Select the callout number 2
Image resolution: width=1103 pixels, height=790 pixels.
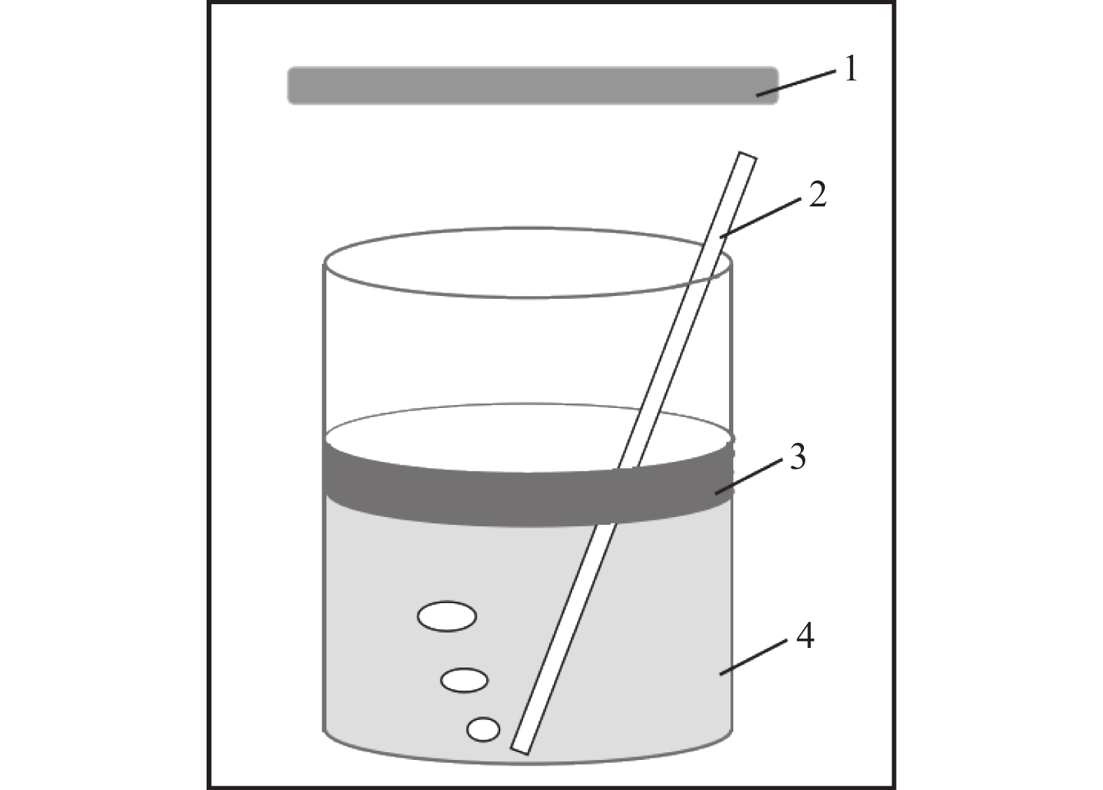pyautogui.click(x=818, y=195)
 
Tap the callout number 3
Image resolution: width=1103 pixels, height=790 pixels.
pyautogui.click(x=798, y=457)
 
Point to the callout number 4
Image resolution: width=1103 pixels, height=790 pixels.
pyautogui.click(x=805, y=637)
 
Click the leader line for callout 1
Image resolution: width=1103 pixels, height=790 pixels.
pyautogui.click(x=796, y=84)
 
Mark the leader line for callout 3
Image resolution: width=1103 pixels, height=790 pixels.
pyautogui.click(x=749, y=476)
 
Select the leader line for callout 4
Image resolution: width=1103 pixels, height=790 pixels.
pyautogui.click(x=754, y=657)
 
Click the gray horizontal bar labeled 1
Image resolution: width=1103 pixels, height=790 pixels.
pyautogui.click(x=533, y=85)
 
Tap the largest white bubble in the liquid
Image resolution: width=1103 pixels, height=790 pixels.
pyautogui.click(x=447, y=616)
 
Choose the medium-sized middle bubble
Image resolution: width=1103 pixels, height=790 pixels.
pyautogui.click(x=464, y=680)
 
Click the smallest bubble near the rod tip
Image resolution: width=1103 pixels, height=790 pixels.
pyautogui.click(x=483, y=729)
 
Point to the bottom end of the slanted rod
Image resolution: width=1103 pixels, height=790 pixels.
pyautogui.click(x=520, y=750)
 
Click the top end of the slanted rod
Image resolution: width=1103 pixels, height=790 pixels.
pyautogui.click(x=747, y=155)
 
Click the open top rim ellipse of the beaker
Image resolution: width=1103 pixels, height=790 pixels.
pyautogui.click(x=527, y=297)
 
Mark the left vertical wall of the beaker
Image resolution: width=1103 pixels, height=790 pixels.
pyautogui.click(x=324, y=497)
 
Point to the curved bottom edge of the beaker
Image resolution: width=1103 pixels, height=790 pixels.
pyautogui.click(x=527, y=763)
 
